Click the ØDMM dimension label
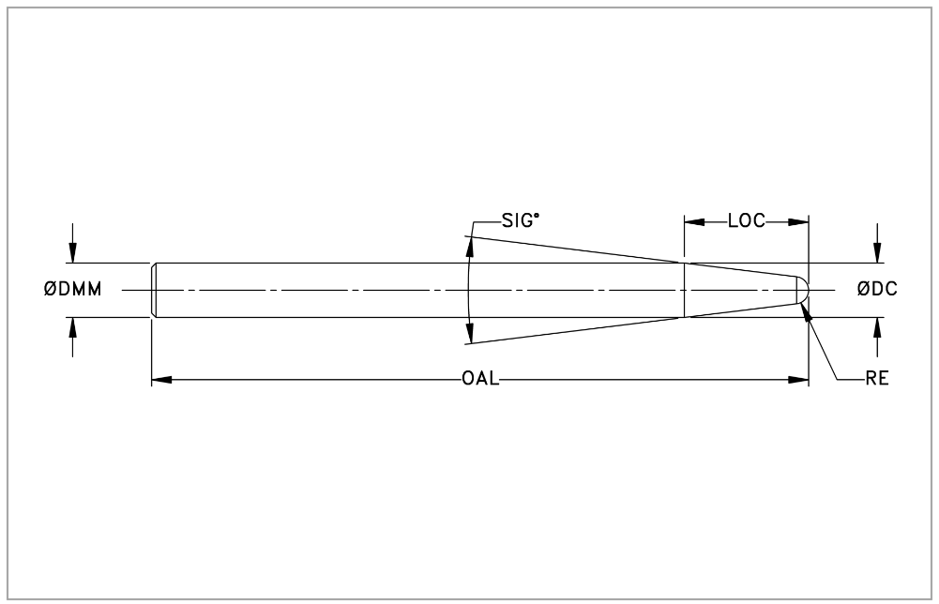pyautogui.click(x=72, y=290)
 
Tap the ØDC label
pyautogui.click(x=877, y=290)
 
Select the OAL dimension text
pyautogui.click(x=480, y=379)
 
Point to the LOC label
pyautogui.click(x=746, y=221)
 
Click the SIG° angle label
pyautogui.click(x=521, y=221)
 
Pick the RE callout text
pyautogui.click(x=877, y=379)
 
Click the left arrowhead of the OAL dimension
pyautogui.click(x=161, y=380)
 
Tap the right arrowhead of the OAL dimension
pyautogui.click(x=798, y=380)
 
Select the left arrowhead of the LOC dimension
pyautogui.click(x=695, y=222)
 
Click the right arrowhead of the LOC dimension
pyautogui.click(x=798, y=222)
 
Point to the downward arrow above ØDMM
pyautogui.click(x=73, y=244)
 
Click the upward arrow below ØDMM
pyautogui.click(x=73, y=337)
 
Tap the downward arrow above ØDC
pyautogui.click(x=877, y=244)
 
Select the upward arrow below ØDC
pyautogui.click(x=877, y=337)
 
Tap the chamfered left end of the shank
pyautogui.click(x=154, y=290)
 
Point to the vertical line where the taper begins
pyautogui.click(x=684, y=290)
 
